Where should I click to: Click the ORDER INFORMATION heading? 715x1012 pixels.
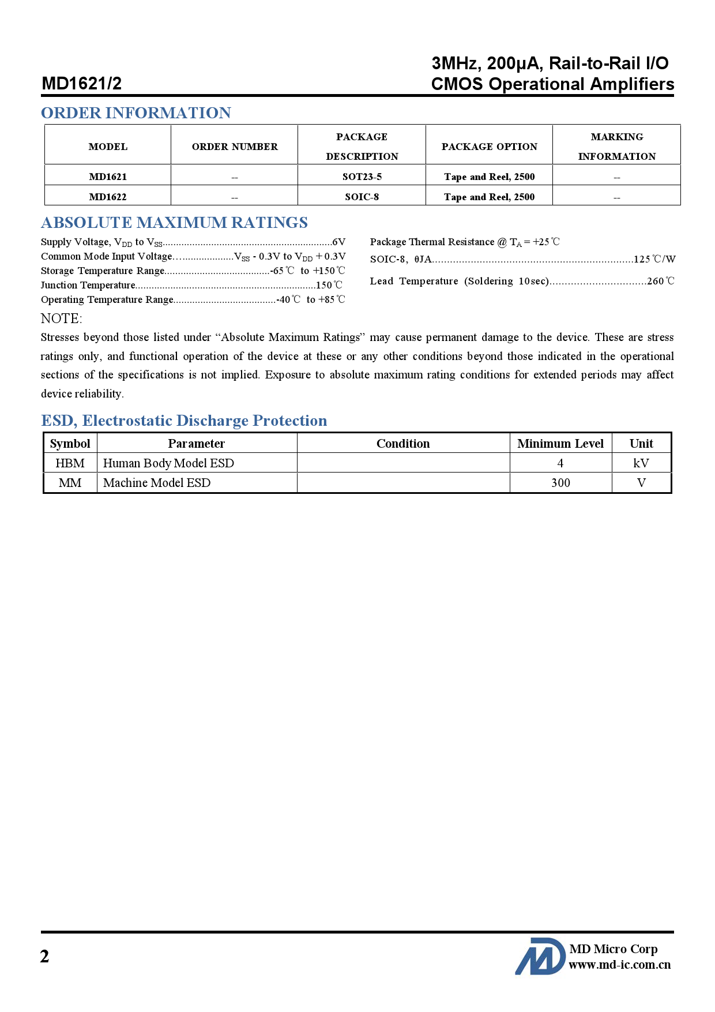136,113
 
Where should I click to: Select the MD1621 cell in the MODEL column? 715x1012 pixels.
108,177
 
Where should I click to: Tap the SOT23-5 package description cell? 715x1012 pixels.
362,177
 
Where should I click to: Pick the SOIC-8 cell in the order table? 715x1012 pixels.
362,197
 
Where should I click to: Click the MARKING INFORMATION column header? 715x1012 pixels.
616,146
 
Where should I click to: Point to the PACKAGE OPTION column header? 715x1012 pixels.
489,147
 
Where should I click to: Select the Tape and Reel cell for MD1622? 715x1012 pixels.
489,197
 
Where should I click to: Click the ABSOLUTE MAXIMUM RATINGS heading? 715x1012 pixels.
174,223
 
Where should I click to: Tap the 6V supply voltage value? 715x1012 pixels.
339,242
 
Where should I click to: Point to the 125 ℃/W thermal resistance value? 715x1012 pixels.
654,260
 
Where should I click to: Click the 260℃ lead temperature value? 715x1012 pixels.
661,281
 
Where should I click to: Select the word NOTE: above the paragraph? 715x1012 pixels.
62,318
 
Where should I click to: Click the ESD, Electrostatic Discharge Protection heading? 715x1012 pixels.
184,421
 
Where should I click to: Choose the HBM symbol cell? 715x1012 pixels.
70,463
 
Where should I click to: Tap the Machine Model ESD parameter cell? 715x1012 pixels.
157,483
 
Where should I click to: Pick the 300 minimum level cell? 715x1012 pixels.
560,483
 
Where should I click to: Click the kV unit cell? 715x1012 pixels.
641,463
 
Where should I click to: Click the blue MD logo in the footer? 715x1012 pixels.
540,957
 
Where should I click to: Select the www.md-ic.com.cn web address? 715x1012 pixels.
620,965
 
